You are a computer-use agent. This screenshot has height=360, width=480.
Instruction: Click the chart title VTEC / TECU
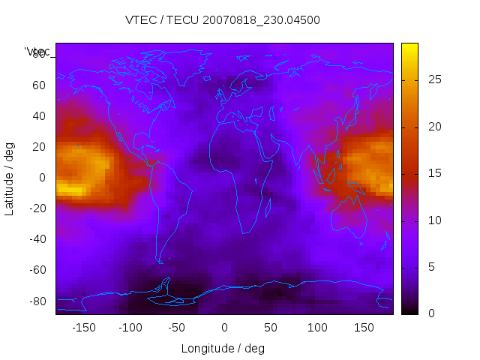(x=222, y=20)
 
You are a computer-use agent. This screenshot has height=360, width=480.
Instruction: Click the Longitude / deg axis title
(x=223, y=348)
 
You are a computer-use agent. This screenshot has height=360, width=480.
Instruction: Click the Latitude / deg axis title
(x=10, y=178)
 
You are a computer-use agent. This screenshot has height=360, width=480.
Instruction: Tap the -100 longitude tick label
(x=130, y=327)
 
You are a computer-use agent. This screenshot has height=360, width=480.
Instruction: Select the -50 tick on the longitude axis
(x=177, y=327)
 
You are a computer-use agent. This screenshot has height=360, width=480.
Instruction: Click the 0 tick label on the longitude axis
(x=224, y=327)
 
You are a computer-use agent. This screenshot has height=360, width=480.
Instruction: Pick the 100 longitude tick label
(x=317, y=327)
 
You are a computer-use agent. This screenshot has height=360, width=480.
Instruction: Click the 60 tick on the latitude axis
(x=39, y=85)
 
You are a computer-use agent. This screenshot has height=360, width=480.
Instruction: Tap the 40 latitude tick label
(x=39, y=115)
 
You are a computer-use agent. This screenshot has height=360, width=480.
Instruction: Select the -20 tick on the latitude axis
(x=37, y=208)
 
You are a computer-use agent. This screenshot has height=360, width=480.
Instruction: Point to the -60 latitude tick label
(x=37, y=270)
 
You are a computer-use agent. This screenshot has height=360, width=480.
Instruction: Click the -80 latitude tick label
(x=37, y=301)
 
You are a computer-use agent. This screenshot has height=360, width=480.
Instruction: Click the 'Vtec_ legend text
(x=37, y=52)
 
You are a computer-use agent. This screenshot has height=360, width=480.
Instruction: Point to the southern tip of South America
(x=160, y=261)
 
